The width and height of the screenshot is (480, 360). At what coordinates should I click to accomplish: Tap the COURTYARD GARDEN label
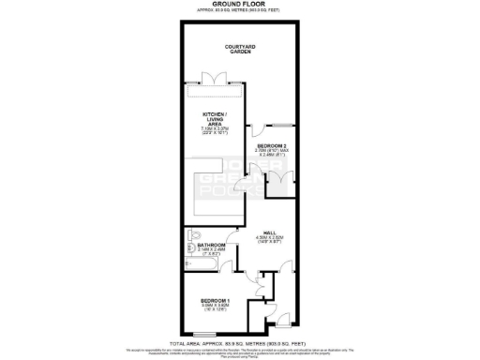point(241,49)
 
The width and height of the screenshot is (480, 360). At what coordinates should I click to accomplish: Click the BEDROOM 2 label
point(275,146)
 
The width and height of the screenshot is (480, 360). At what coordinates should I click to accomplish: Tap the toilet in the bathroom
point(193,236)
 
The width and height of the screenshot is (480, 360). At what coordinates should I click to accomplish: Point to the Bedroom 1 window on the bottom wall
point(208,334)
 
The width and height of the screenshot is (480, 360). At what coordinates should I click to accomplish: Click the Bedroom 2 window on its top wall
point(278,124)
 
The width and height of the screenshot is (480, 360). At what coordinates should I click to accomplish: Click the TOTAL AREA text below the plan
point(240,343)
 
